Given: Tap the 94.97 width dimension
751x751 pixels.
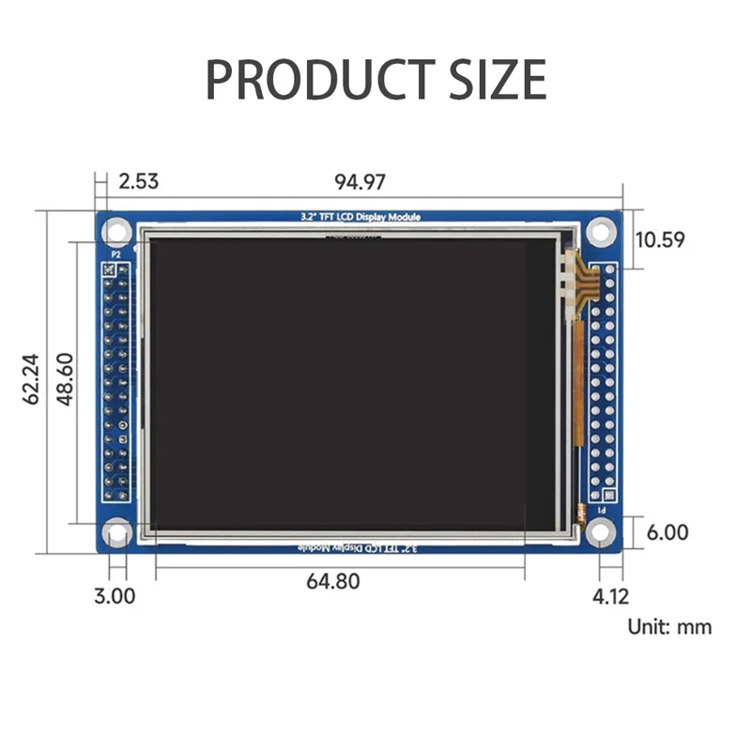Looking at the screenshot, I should (x=360, y=181).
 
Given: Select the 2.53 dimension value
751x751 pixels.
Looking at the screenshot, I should (x=138, y=181).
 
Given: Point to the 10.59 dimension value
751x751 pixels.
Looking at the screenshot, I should (x=660, y=239).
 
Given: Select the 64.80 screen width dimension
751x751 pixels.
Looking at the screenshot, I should (x=332, y=581).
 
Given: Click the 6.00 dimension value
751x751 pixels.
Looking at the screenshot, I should (x=667, y=532).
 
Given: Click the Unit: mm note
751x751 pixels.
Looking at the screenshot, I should (x=669, y=626).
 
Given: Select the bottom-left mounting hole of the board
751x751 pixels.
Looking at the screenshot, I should (x=117, y=533).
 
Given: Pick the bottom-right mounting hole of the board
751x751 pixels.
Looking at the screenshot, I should (x=600, y=533).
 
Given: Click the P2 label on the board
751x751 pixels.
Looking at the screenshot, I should (x=116, y=253).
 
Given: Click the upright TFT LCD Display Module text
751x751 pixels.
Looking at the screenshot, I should (x=354, y=217).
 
